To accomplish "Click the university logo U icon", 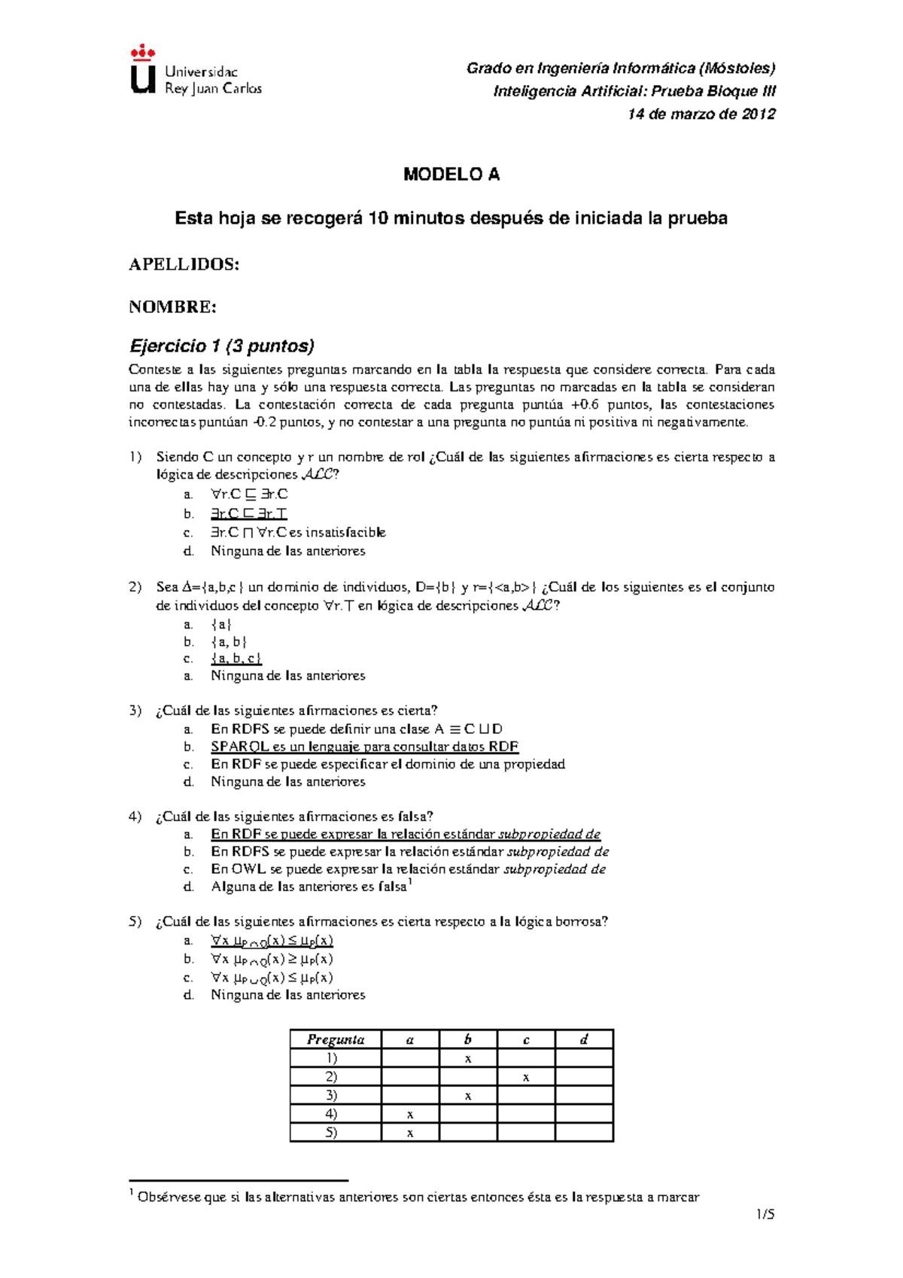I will click(x=143, y=72).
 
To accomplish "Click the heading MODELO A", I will click(x=451, y=175).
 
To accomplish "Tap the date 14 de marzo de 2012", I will click(x=701, y=114).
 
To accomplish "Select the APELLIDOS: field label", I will click(x=184, y=264).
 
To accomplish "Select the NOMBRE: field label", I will click(x=172, y=307).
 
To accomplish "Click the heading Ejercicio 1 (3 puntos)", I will click(x=222, y=346).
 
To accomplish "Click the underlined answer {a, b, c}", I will click(x=236, y=659).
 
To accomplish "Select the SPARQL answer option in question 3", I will click(x=364, y=747).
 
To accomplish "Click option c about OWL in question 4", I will click(x=408, y=869).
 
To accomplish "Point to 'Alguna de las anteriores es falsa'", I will click(x=309, y=887).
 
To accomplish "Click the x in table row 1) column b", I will click(x=468, y=1059).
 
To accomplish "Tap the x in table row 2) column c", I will click(x=526, y=1078).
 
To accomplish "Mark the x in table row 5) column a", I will click(x=410, y=1133).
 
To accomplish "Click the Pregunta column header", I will click(x=336, y=1039).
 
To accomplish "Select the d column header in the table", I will click(x=584, y=1039).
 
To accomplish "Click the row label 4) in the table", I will click(x=331, y=1114).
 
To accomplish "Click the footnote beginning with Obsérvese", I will click(x=418, y=1197).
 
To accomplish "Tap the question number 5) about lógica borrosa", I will click(x=135, y=922).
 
